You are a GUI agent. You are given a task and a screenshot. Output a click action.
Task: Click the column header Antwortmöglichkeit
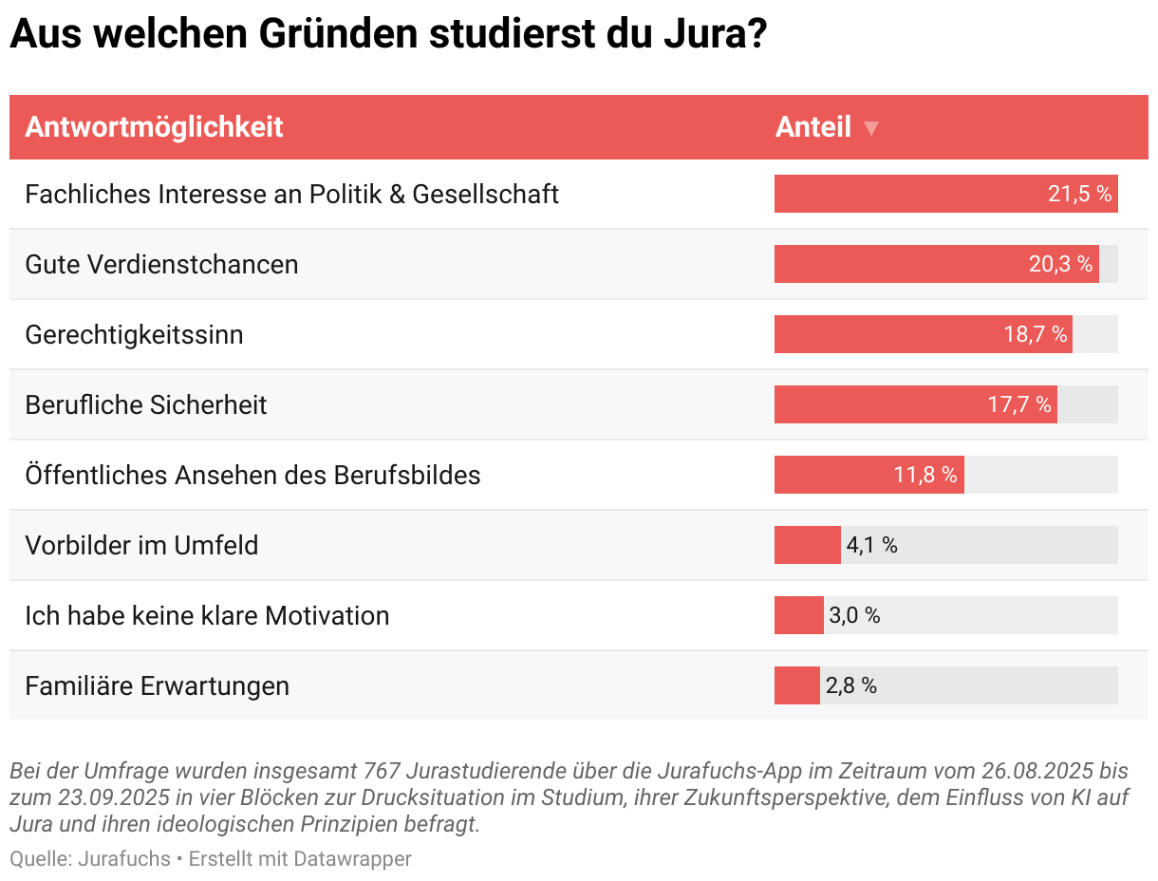pos(154,127)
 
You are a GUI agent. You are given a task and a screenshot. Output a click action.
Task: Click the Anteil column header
pos(812,127)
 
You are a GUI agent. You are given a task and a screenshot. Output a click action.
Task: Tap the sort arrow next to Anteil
pos(871,129)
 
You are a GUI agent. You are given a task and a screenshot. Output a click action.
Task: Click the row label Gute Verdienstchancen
pos(161,264)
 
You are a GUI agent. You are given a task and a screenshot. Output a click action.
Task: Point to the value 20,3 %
pos(1060,264)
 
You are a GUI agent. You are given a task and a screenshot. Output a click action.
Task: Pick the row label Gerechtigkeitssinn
pos(134,334)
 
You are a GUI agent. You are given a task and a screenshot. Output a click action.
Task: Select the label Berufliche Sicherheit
pos(146,404)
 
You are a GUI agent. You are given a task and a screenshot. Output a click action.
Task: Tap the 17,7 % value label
pos(1019,404)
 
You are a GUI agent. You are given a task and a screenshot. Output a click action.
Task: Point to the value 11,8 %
pos(925,475)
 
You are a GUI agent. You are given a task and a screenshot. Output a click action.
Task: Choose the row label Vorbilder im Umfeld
pos(141,545)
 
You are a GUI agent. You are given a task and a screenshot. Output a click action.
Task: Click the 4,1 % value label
pos(871,545)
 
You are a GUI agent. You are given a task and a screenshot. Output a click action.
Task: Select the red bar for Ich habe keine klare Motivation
pos(798,615)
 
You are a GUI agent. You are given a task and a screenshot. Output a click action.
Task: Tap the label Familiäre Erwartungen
pos(157,685)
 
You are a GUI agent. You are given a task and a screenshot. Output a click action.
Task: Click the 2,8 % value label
pos(850,685)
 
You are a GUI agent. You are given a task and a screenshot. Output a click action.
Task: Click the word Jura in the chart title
pos(697,36)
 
